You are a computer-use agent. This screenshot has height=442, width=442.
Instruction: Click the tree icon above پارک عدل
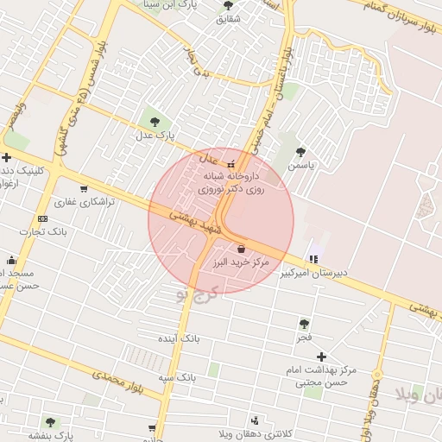point(155,122)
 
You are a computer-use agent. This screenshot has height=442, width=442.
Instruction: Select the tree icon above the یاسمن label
point(300,151)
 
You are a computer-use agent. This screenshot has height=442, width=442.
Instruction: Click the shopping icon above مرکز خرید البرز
point(239,249)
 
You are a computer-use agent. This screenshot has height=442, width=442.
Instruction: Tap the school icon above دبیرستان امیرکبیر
point(313,258)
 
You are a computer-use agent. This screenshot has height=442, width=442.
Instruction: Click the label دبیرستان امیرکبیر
point(313,273)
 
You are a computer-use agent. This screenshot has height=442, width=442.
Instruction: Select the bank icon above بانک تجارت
point(42,218)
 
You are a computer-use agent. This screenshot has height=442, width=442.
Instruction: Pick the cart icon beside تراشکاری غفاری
point(83,189)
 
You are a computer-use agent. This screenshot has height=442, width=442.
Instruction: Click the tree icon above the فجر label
point(304,324)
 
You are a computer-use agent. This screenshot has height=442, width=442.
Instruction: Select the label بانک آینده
point(180,338)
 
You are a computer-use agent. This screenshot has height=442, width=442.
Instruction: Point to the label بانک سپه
point(177,378)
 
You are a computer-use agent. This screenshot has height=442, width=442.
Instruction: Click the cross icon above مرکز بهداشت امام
point(321,356)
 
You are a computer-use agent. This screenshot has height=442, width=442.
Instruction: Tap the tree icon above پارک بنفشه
point(48,422)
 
